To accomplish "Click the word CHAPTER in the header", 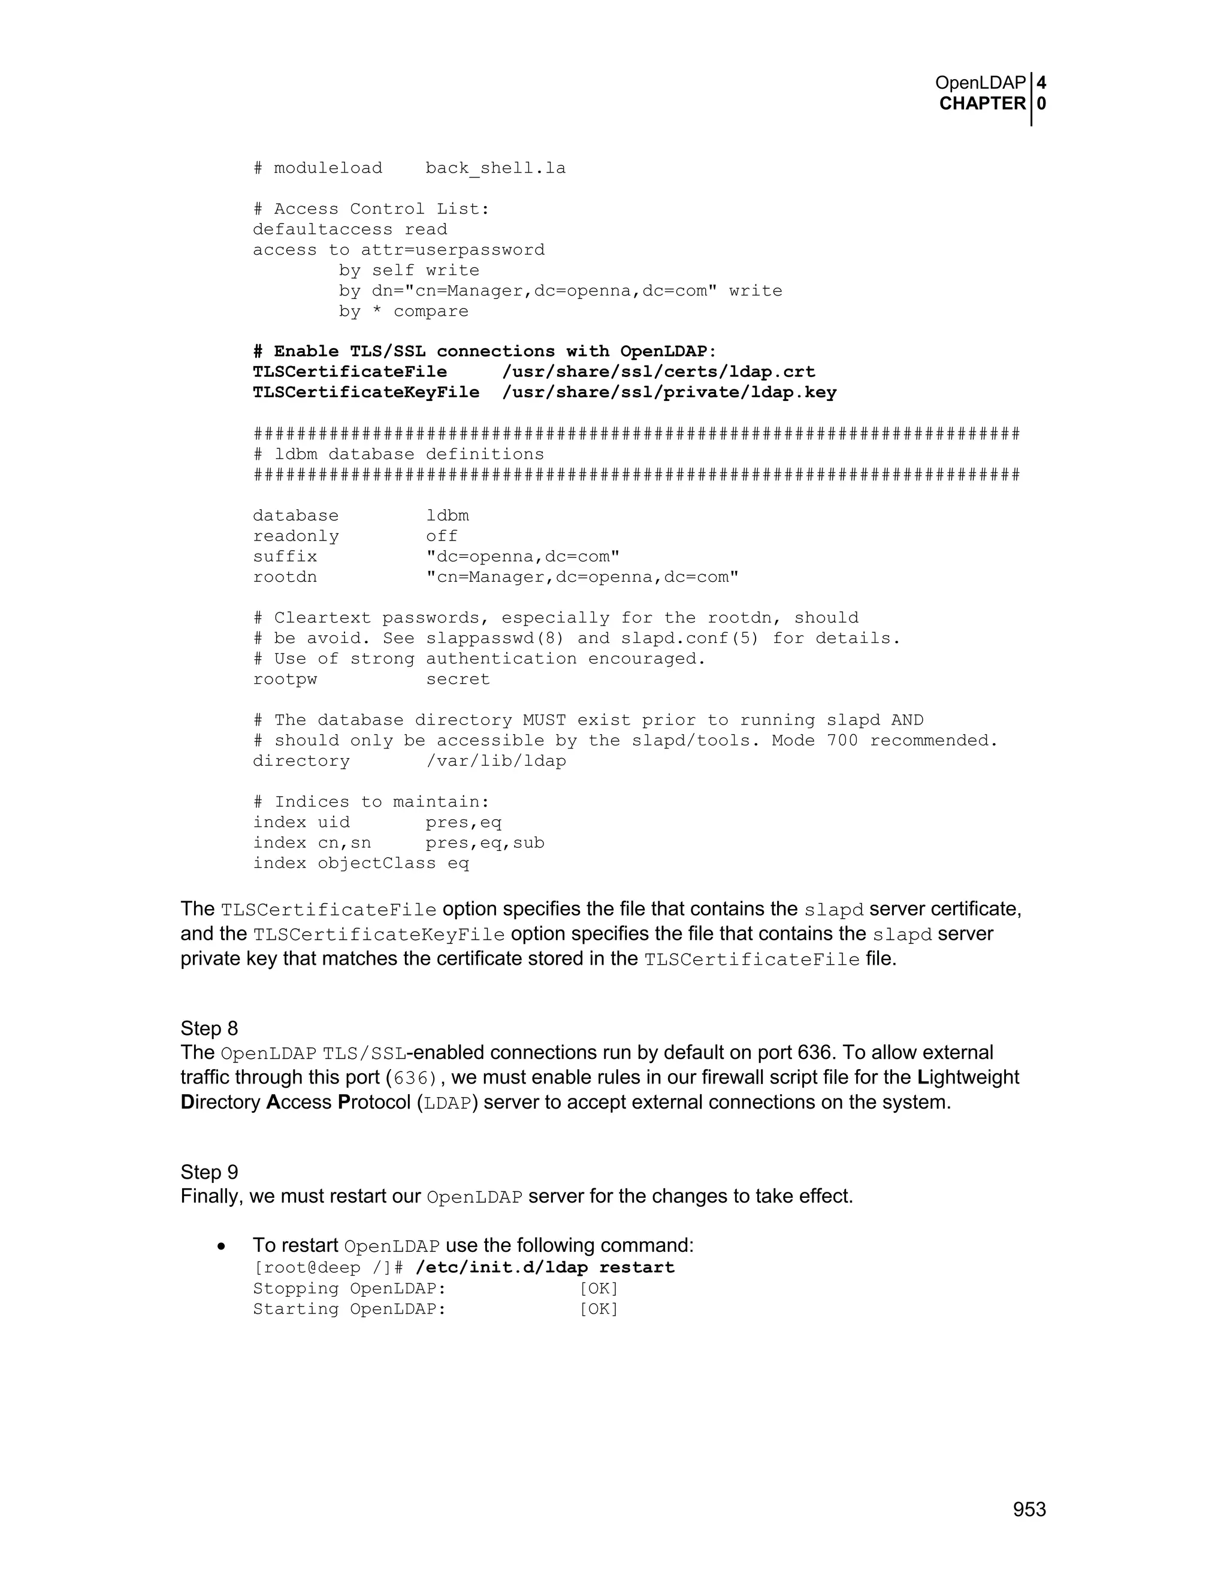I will coord(982,104).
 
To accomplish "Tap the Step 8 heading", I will coord(209,1028).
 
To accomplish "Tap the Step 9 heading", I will coord(209,1172).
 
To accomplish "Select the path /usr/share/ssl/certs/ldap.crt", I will coord(658,372).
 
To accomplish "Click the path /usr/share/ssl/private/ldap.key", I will coord(669,393).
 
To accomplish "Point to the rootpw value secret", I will coord(458,679).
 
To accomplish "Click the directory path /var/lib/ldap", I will coord(495,761).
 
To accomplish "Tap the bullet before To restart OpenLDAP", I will coord(222,1247).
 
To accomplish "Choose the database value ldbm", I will coord(448,516).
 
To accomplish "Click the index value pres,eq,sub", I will coord(485,843).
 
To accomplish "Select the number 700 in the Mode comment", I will coord(842,741).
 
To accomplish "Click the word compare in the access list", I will coord(431,311).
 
